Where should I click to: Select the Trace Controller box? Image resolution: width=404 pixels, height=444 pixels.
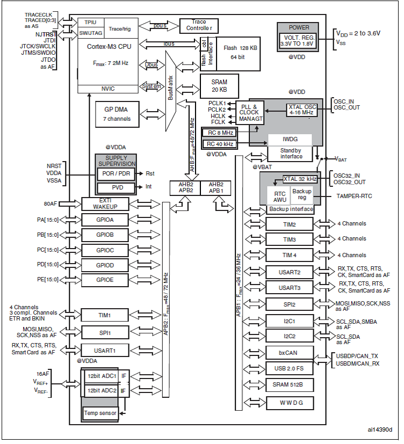200,25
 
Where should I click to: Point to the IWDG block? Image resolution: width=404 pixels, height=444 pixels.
290,139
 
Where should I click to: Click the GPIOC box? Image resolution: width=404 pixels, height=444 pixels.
105,250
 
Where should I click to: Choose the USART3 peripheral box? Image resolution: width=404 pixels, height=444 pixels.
290,287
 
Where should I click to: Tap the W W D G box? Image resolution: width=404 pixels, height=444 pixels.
290,403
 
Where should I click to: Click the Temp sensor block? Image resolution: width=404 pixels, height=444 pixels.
100,413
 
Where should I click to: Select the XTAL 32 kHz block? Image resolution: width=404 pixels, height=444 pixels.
300,179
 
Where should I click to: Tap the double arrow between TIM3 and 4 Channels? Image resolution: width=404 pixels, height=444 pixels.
324,239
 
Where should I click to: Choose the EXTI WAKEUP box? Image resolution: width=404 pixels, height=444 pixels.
105,203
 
